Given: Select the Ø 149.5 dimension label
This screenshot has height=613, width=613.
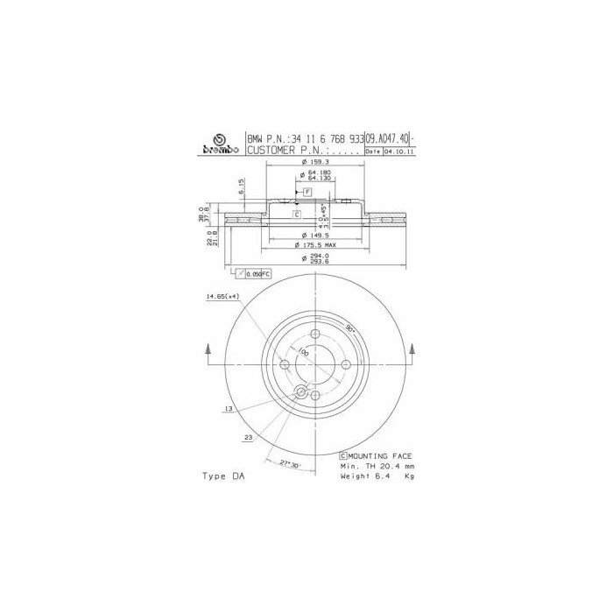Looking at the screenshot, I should click(314, 236).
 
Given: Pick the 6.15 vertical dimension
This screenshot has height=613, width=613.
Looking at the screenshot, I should click(241, 187).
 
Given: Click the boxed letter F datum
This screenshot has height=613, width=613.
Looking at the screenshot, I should click(307, 192).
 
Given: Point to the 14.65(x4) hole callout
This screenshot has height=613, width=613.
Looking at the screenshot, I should click(222, 298).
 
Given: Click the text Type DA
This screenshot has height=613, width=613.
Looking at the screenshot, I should click(223, 476).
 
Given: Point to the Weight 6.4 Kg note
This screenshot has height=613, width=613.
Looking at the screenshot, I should click(377, 477).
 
